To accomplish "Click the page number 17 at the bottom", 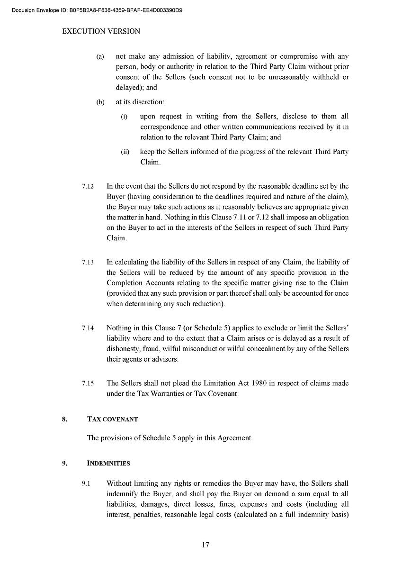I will (205, 545).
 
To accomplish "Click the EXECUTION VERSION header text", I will (101, 32).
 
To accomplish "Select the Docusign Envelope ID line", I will (97, 9).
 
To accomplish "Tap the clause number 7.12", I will (88, 186).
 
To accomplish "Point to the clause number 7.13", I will (88, 262).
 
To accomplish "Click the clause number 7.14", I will (88, 327).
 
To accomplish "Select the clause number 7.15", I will (88, 383).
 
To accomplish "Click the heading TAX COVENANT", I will (112, 419).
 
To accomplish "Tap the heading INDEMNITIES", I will (108, 464).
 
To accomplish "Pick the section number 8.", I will (64, 419).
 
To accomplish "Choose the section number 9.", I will (64, 464).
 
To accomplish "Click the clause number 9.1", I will (86, 484).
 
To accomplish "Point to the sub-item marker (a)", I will (100, 56).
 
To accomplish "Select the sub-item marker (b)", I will (100, 102).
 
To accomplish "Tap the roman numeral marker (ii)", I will (125, 152).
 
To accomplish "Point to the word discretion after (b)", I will (149, 102).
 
